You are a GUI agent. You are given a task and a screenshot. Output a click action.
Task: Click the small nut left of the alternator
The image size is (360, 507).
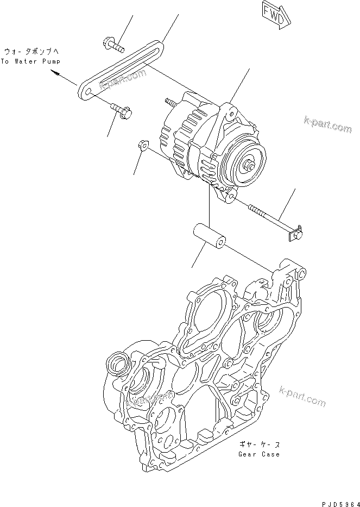coord(143,145)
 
